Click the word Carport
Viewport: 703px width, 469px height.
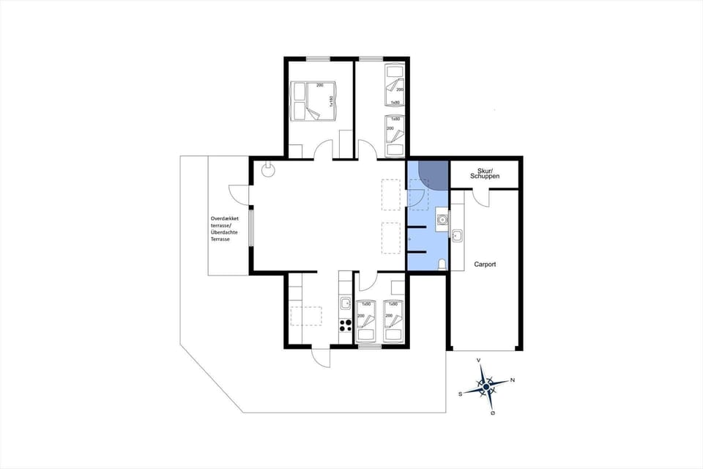[x=485, y=265]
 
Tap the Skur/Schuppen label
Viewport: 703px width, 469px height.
[x=484, y=174]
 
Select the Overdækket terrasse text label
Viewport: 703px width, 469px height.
[x=226, y=229]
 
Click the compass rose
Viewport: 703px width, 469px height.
[x=486, y=386]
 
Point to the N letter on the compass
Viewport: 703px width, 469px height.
[x=512, y=380]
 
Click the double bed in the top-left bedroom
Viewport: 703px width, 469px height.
[x=313, y=101]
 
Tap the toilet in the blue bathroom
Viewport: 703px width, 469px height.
[x=442, y=265]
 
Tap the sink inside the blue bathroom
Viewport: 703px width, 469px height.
[x=442, y=218]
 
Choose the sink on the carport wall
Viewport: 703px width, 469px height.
[x=457, y=236]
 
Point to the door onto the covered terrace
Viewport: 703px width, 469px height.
[x=239, y=194]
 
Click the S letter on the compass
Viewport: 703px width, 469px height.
[x=460, y=394]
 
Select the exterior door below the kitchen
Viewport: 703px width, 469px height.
[x=320, y=355]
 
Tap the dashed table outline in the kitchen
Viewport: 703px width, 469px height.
[x=306, y=316]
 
